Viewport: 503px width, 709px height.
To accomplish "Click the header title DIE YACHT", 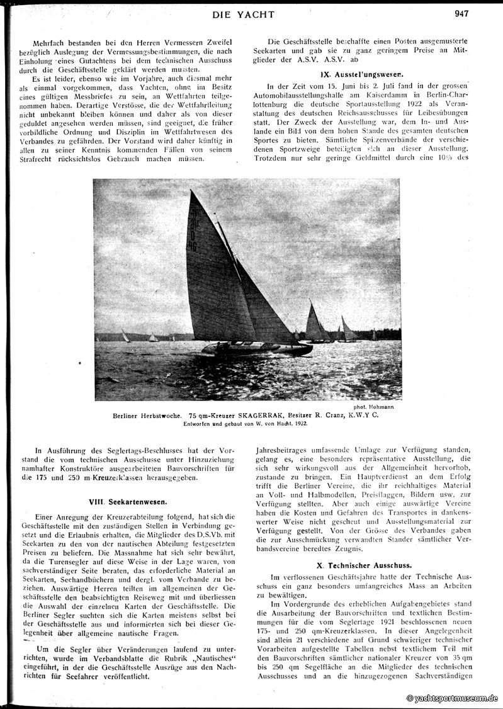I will pos(251,13).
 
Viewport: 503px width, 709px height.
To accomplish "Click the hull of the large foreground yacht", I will pos(258,348).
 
